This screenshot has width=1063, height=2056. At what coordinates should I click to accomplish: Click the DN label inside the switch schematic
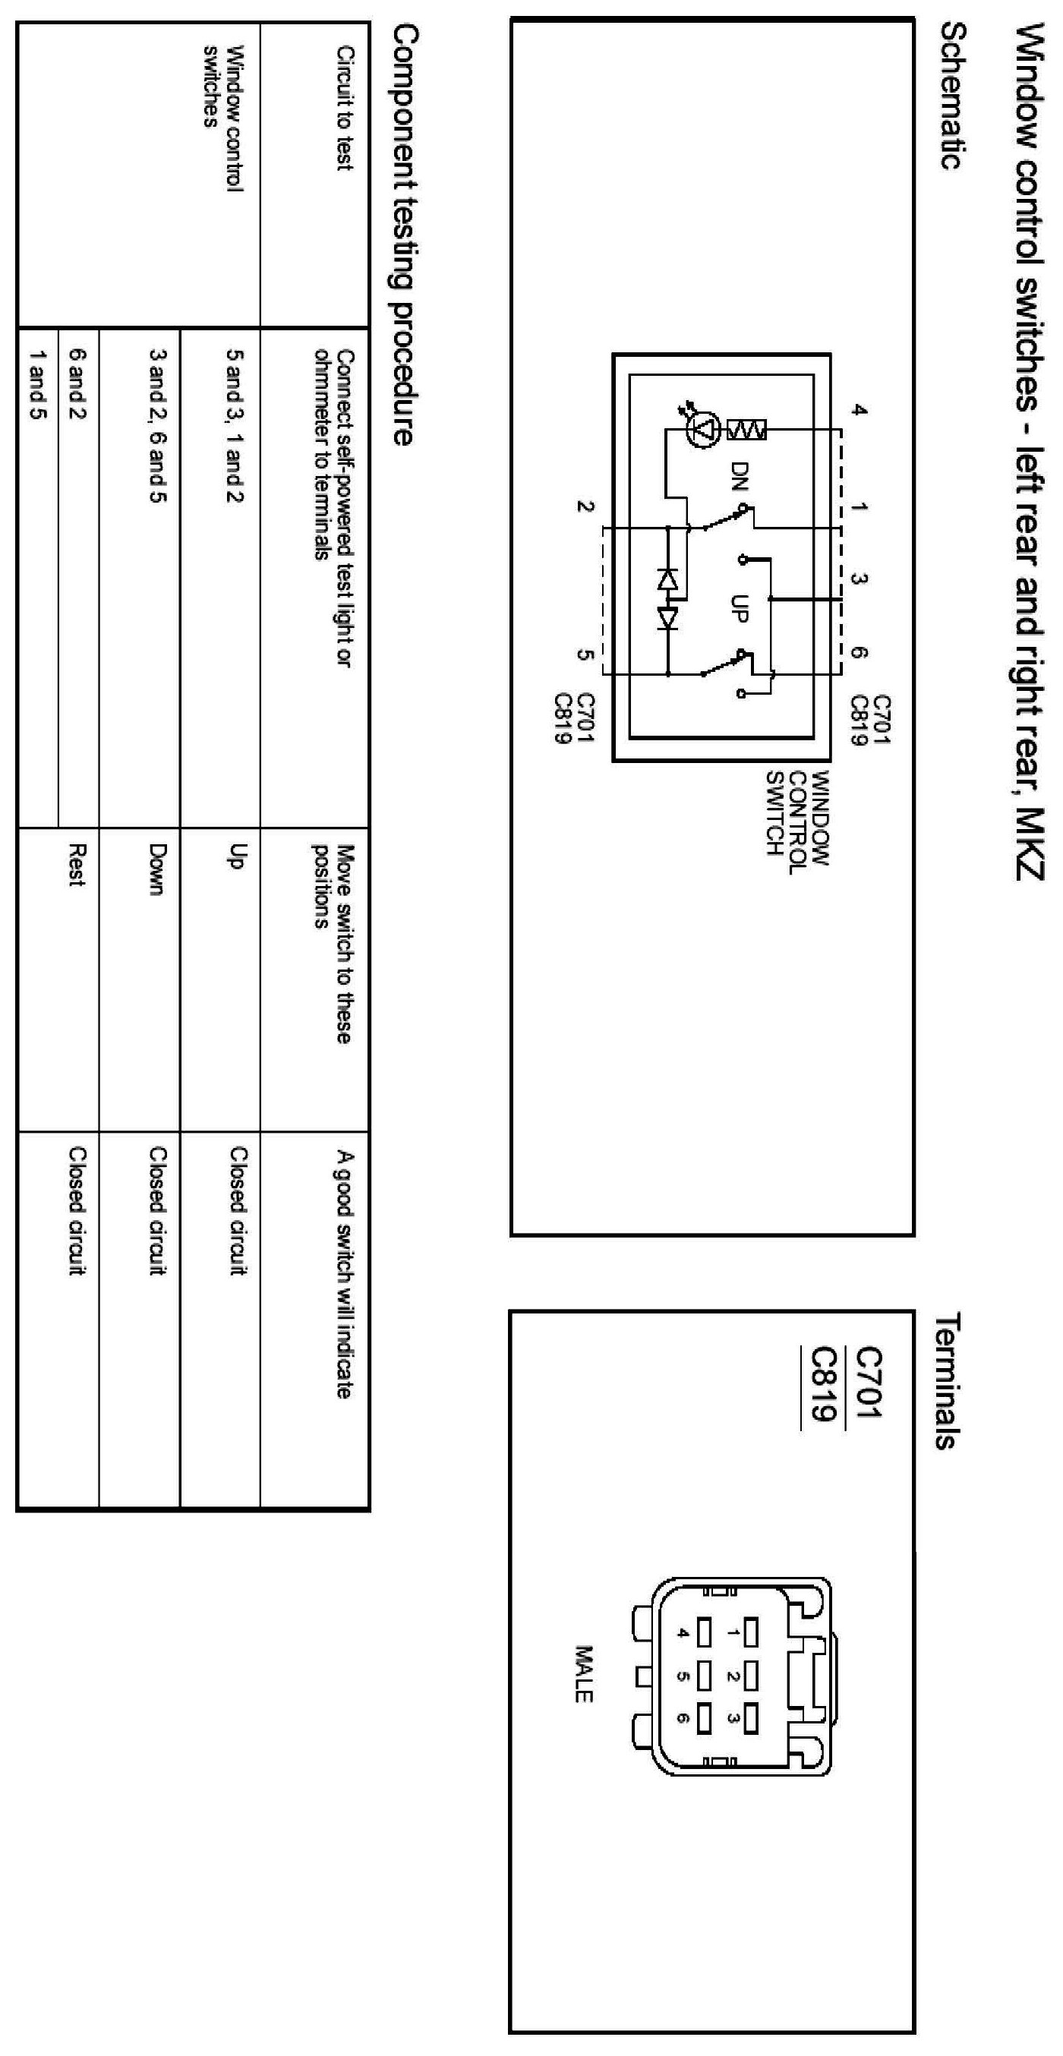[740, 477]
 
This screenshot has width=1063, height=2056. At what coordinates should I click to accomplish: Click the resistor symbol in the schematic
[747, 430]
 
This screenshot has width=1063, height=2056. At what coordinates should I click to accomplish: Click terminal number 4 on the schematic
[859, 410]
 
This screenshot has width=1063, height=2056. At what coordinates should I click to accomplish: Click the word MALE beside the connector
[583, 1675]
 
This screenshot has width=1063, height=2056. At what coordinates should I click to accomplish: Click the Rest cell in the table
[77, 866]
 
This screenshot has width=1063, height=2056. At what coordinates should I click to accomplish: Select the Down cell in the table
[157, 870]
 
